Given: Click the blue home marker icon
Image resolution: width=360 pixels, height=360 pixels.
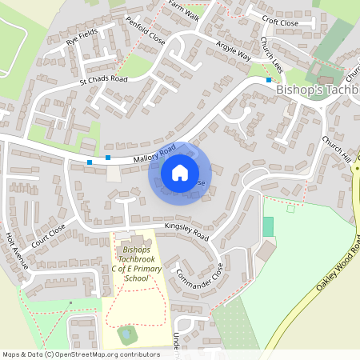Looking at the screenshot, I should coord(180,172).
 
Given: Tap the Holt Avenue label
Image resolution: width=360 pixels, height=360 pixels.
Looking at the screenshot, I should coord(16,250).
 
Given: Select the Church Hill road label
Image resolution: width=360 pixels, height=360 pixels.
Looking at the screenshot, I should coord(337,148).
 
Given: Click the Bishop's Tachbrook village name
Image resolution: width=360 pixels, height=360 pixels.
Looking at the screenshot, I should coord(317,90).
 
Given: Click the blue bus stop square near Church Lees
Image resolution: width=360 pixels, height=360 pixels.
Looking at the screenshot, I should coord(269,80).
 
